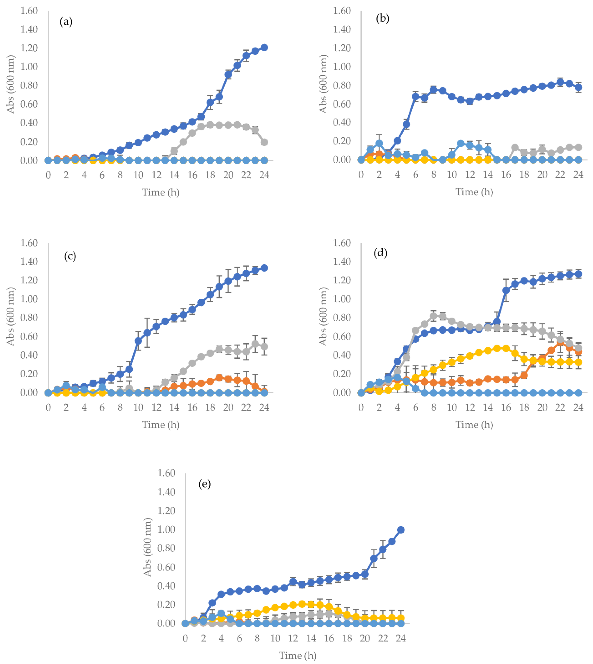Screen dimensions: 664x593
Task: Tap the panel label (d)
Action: (380, 253)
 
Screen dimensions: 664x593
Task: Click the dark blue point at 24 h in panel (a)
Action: (264, 48)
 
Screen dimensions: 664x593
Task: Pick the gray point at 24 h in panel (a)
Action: (264, 142)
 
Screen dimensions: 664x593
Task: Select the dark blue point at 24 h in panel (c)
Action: (264, 268)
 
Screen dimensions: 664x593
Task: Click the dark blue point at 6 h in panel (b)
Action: (415, 96)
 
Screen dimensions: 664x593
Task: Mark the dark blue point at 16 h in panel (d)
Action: (506, 290)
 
